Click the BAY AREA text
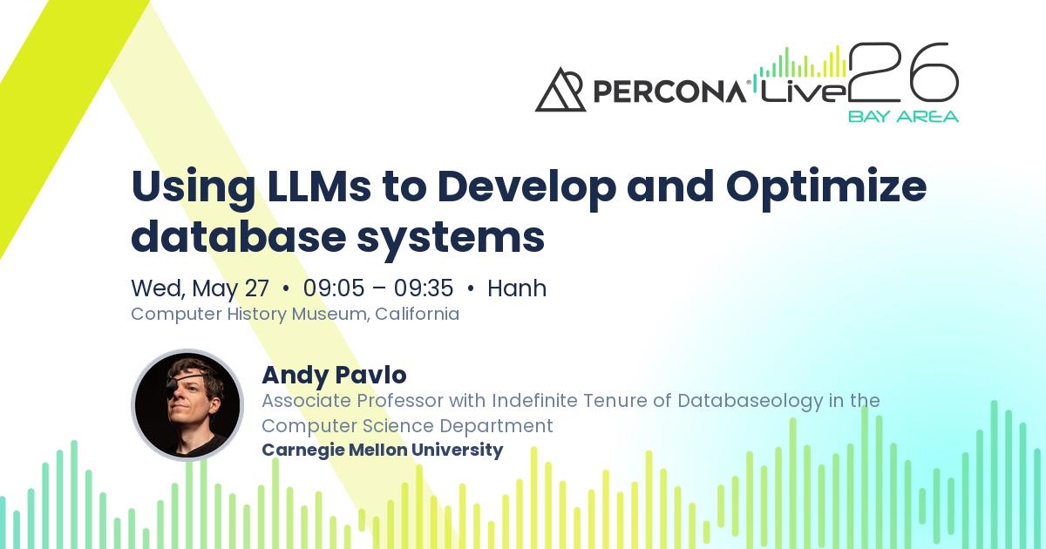coord(903,116)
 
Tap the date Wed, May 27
coord(200,288)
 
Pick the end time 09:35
coord(424,288)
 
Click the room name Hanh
coord(517,288)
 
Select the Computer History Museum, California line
coord(295,314)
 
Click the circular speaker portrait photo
coord(187,405)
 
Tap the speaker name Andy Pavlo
coord(334,375)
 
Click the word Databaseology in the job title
coord(750,401)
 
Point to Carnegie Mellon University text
coord(382,450)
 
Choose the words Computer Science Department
coord(407,425)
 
